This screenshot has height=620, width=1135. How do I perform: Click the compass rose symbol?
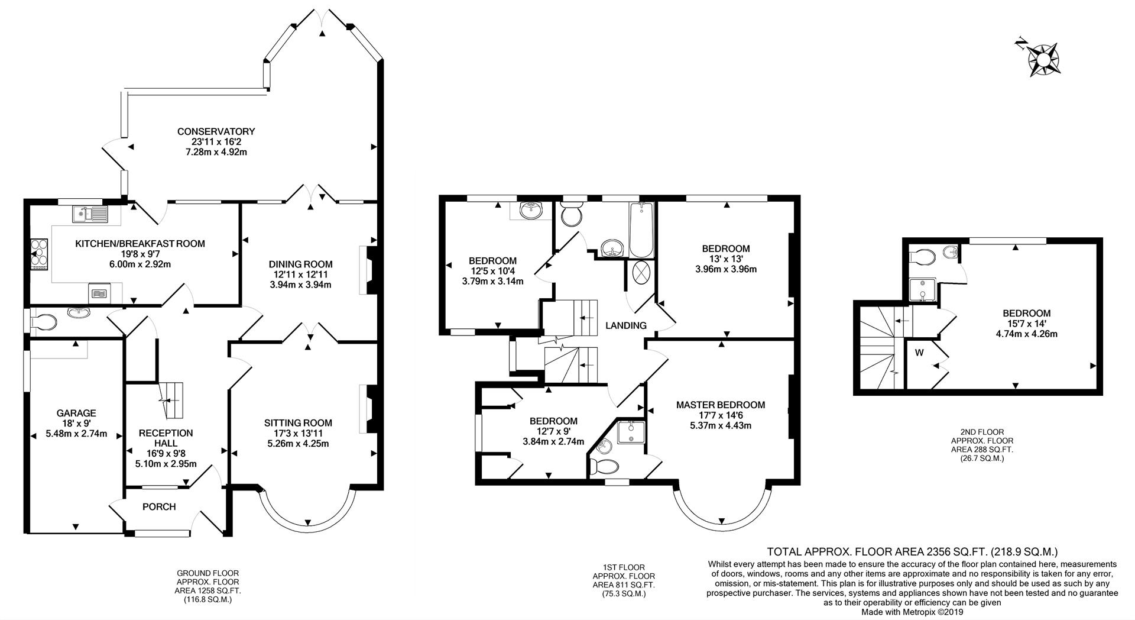(1044, 59)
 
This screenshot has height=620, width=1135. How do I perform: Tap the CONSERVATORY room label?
(215, 131)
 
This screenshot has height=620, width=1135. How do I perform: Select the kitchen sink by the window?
(90, 214)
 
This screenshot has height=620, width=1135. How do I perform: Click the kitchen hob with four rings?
(39, 253)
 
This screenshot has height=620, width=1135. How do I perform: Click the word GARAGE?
(76, 413)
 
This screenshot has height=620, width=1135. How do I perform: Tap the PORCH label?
(159, 506)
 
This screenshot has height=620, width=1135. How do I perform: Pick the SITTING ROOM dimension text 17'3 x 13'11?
(298, 433)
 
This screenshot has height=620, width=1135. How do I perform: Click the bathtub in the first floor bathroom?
(641, 230)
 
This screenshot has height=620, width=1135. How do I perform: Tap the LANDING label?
(625, 325)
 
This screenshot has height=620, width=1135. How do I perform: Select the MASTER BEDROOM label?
(720, 405)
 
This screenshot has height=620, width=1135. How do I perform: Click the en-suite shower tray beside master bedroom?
(631, 432)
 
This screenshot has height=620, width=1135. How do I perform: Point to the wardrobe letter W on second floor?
(919, 353)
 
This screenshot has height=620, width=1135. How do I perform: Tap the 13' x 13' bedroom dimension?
(725, 259)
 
